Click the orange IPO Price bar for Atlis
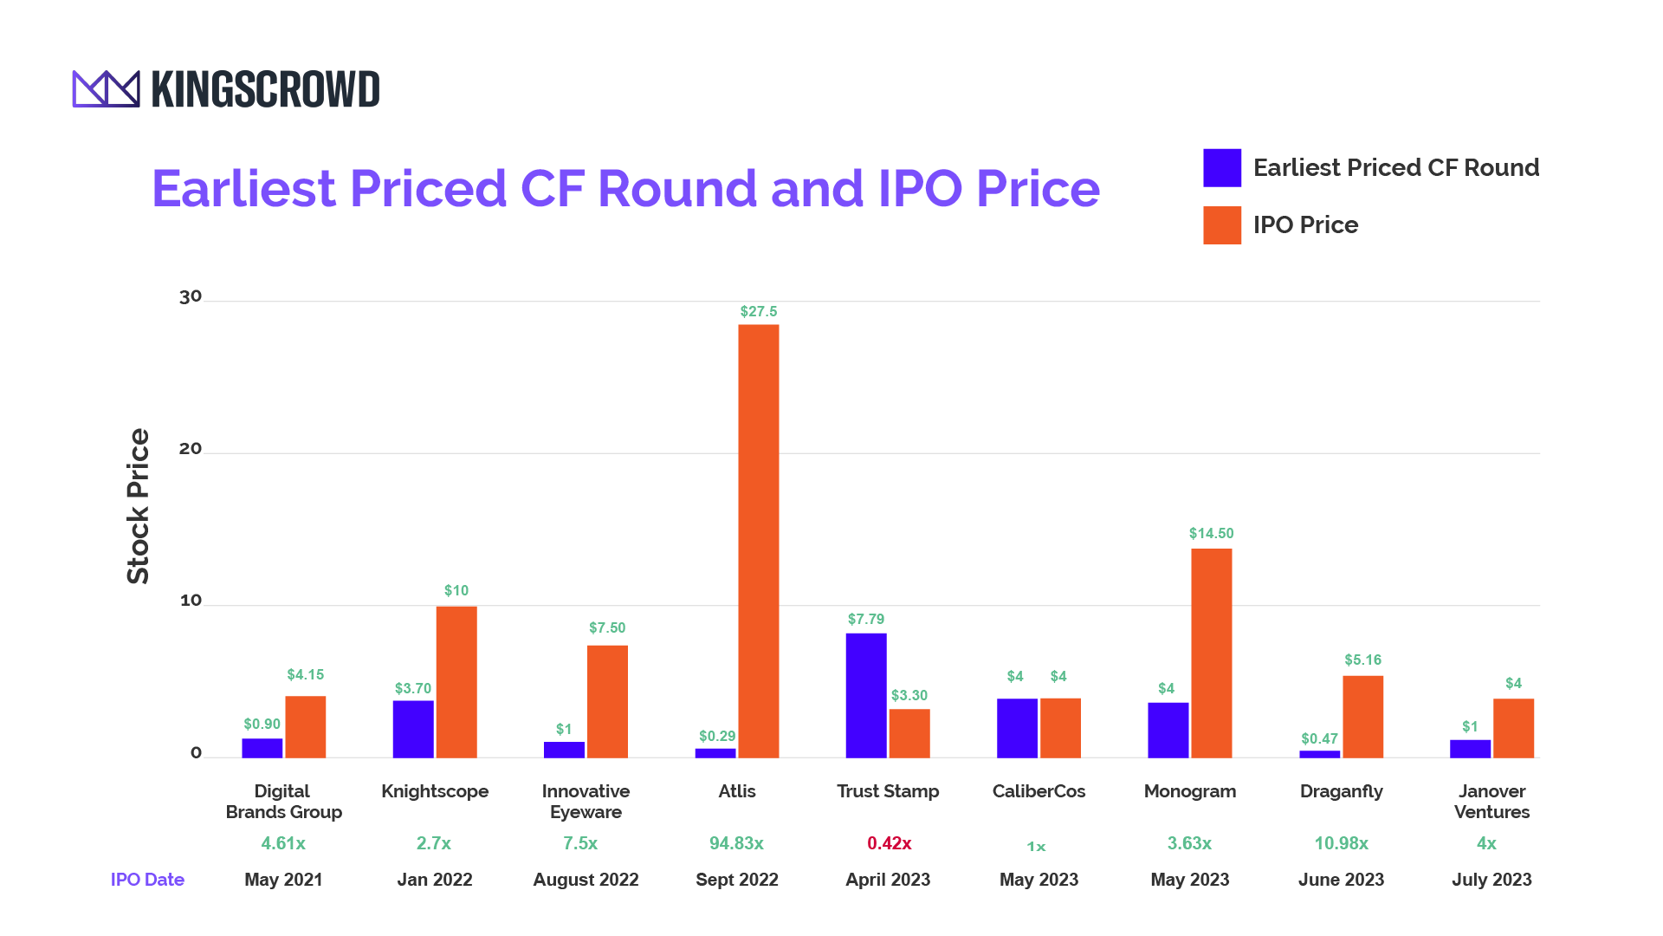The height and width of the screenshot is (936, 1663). coord(758,541)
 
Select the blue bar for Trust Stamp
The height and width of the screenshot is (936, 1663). coord(865,695)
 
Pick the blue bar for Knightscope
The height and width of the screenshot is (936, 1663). coord(412,729)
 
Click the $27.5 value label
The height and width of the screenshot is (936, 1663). coord(758,311)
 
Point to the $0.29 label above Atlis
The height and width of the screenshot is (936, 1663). coord(716,736)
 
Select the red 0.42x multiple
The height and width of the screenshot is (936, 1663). coord(889,843)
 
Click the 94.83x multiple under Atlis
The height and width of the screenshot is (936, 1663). coord(736,843)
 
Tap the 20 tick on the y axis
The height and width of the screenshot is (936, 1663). coord(191,448)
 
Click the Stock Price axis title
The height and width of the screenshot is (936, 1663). coord(139,506)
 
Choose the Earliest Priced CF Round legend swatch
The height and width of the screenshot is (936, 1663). coord(1221,168)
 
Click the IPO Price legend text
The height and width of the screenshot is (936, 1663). coord(1305,225)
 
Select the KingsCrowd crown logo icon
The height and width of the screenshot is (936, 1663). coord(106,89)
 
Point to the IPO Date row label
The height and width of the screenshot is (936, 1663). coord(147,880)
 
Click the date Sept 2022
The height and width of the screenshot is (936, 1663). coord(736,880)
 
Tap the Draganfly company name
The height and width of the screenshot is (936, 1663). coord(1341,791)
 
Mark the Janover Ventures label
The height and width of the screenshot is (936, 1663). coord(1492,802)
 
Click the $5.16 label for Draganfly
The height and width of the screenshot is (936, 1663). coord(1362,660)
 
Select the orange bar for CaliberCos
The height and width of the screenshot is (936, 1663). coord(1060,728)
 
